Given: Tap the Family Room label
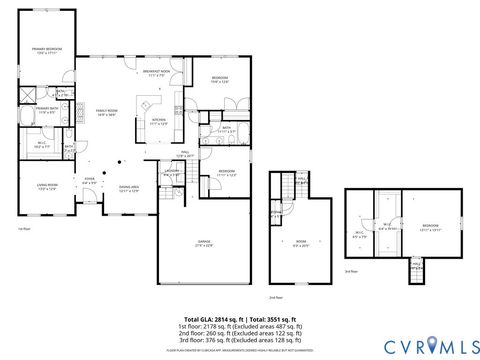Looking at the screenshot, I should coord(107,112).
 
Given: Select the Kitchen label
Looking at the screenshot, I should coord(158,121).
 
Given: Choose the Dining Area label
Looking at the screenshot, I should coord(128,188).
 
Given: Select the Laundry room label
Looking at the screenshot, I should coord(172,172).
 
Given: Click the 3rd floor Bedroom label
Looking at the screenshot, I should coord(430,227).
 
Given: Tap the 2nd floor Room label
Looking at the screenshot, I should coord(300,242).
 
